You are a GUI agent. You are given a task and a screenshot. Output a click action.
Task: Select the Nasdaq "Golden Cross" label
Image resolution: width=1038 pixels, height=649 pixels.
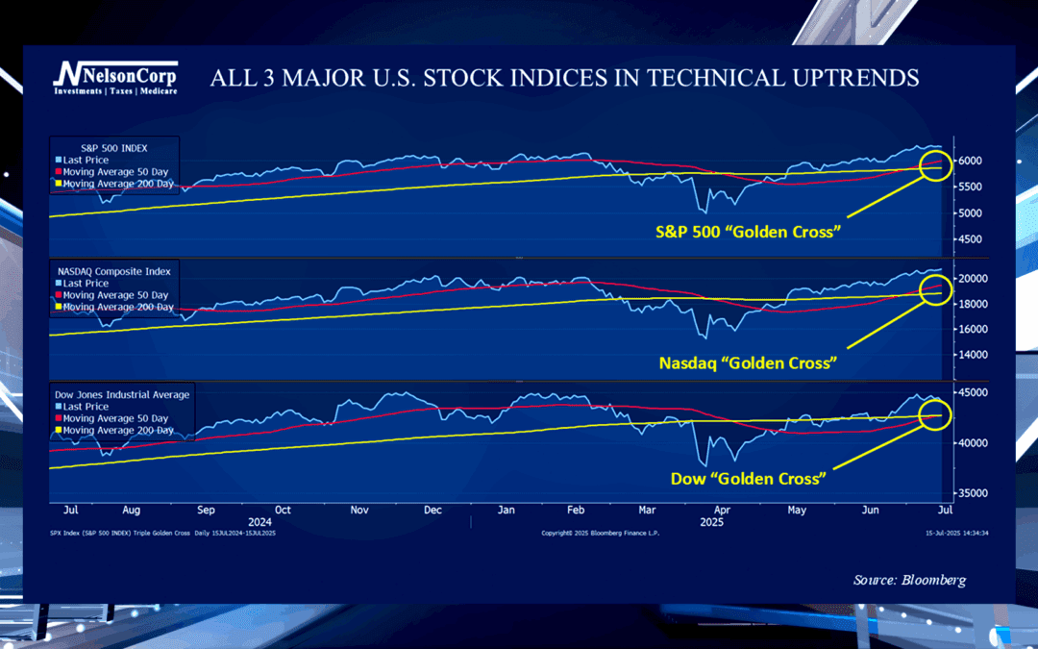[748, 363]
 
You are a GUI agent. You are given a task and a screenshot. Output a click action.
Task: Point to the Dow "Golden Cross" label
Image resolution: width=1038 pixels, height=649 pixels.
[749, 478]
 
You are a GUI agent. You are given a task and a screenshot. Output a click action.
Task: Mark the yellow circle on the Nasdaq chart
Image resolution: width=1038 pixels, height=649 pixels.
[934, 288]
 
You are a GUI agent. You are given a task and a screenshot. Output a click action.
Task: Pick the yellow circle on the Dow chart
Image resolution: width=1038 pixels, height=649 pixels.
[933, 415]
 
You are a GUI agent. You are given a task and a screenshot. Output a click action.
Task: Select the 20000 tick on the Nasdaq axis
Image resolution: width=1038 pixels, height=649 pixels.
[974, 279]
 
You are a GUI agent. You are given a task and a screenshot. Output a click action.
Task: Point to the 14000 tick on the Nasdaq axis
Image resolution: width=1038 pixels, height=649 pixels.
[974, 355]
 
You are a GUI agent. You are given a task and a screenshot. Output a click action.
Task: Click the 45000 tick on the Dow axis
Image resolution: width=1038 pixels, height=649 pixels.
[974, 392]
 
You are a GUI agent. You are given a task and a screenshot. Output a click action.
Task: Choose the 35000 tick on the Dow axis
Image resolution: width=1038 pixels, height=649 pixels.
[974, 493]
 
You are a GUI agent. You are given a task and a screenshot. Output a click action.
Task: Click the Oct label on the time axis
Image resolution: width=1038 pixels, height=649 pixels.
[282, 510]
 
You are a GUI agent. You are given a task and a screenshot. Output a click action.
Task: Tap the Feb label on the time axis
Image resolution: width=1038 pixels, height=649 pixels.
[576, 510]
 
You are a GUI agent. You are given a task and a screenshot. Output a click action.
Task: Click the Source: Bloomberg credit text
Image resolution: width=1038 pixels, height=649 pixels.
[909, 580]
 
